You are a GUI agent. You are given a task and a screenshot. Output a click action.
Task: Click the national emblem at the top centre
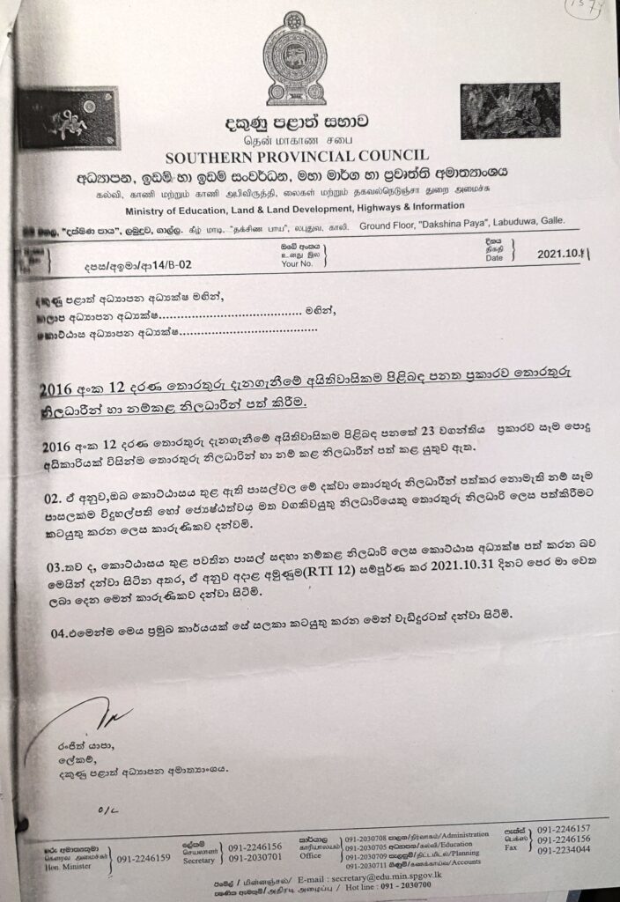point(296,57)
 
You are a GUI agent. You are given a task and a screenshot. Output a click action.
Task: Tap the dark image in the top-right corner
point(509,110)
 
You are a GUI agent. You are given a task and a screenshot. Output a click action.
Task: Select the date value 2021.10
point(562,255)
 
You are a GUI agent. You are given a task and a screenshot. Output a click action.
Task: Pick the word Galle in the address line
point(547,225)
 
